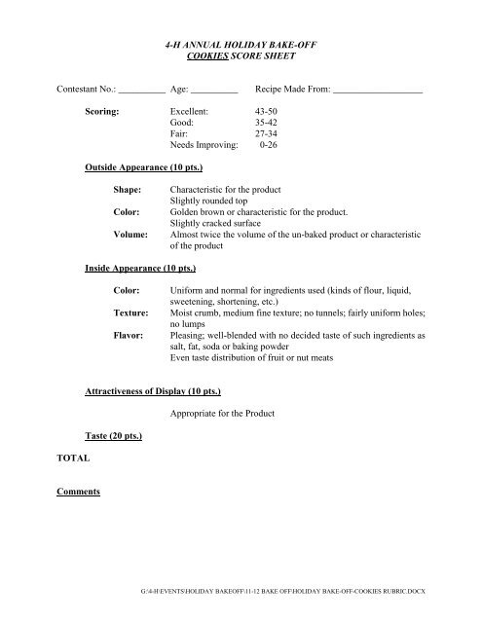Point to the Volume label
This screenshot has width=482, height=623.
132,236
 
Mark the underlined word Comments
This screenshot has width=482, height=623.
79,493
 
